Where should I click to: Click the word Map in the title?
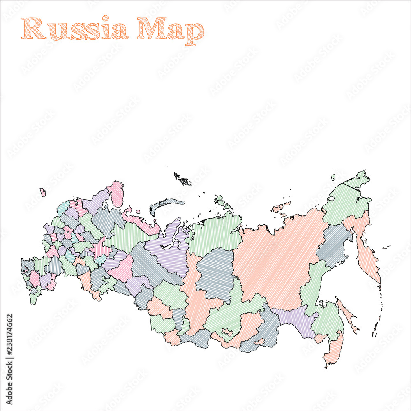pyautogui.click(x=171, y=30)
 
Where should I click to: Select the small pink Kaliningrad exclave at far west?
pyautogui.click(x=42, y=192)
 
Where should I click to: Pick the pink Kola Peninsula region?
pyautogui.click(x=117, y=194)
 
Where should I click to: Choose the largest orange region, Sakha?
pyautogui.click(x=279, y=259)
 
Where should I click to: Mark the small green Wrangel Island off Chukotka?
pyautogui.click(x=333, y=178)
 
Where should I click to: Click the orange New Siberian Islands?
pyautogui.click(x=281, y=207)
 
